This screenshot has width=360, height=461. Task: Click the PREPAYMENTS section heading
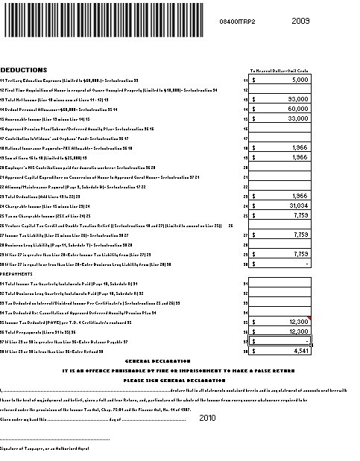pos(19,273)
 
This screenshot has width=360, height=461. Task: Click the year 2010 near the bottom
pos(207,419)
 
